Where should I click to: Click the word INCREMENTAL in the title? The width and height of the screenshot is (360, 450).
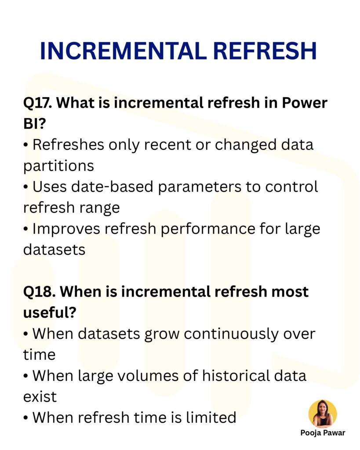(x=123, y=51)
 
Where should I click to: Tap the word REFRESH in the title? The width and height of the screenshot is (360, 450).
(x=264, y=51)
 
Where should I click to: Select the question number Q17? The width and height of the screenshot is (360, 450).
(x=37, y=104)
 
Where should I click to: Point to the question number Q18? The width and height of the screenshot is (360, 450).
(x=38, y=292)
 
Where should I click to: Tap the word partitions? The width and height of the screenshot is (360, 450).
(x=58, y=166)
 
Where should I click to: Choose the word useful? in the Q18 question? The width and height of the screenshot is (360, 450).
(x=50, y=312)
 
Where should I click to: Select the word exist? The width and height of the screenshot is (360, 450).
(x=40, y=396)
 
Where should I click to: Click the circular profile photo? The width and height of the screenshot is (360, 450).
(x=323, y=414)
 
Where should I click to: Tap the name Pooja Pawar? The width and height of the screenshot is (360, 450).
(x=323, y=433)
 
